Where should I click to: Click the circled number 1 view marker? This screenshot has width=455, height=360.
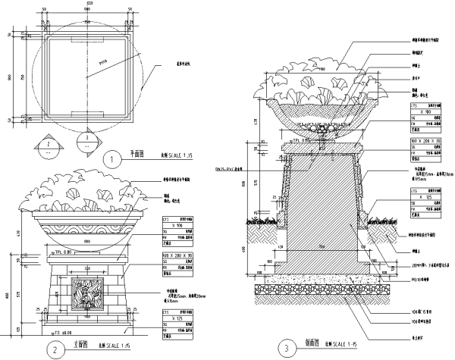pos(111,160)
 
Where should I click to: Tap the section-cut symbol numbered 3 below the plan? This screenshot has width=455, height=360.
pos(87,139)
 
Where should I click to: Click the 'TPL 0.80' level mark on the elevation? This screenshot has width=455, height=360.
pos(47,251)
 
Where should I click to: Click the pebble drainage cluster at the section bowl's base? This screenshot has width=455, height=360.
pos(326,129)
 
